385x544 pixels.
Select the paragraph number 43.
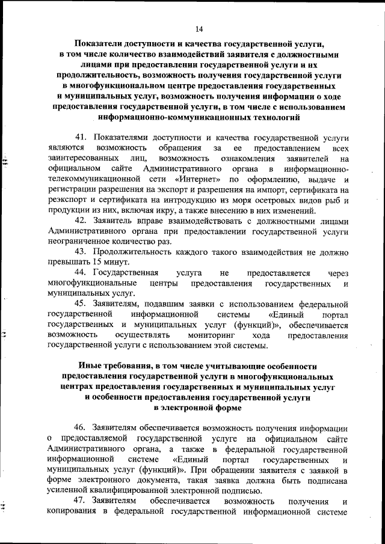[x=81, y=250]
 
